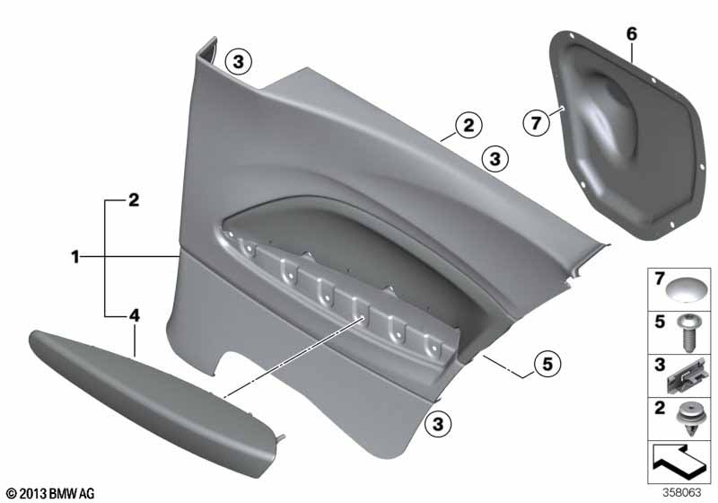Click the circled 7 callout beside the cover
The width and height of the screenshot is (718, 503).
[536, 122]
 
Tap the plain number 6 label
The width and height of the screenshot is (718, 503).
[632, 34]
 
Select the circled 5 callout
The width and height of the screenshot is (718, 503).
[547, 364]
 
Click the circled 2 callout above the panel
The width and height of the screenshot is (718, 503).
[468, 125]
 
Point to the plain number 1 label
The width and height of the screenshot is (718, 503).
[75, 257]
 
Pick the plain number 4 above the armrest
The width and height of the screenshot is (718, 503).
[134, 315]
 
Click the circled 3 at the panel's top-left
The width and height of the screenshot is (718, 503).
[238, 61]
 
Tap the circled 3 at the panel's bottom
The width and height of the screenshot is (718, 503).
[438, 424]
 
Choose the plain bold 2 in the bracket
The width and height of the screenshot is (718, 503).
[133, 200]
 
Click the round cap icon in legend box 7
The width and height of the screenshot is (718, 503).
[681, 289]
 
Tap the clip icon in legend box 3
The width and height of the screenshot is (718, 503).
[685, 376]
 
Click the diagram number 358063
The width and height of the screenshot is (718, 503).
[682, 493]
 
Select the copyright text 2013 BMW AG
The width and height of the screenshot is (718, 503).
[50, 493]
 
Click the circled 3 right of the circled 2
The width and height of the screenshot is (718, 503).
[495, 159]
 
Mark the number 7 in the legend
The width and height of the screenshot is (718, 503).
[660, 278]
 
